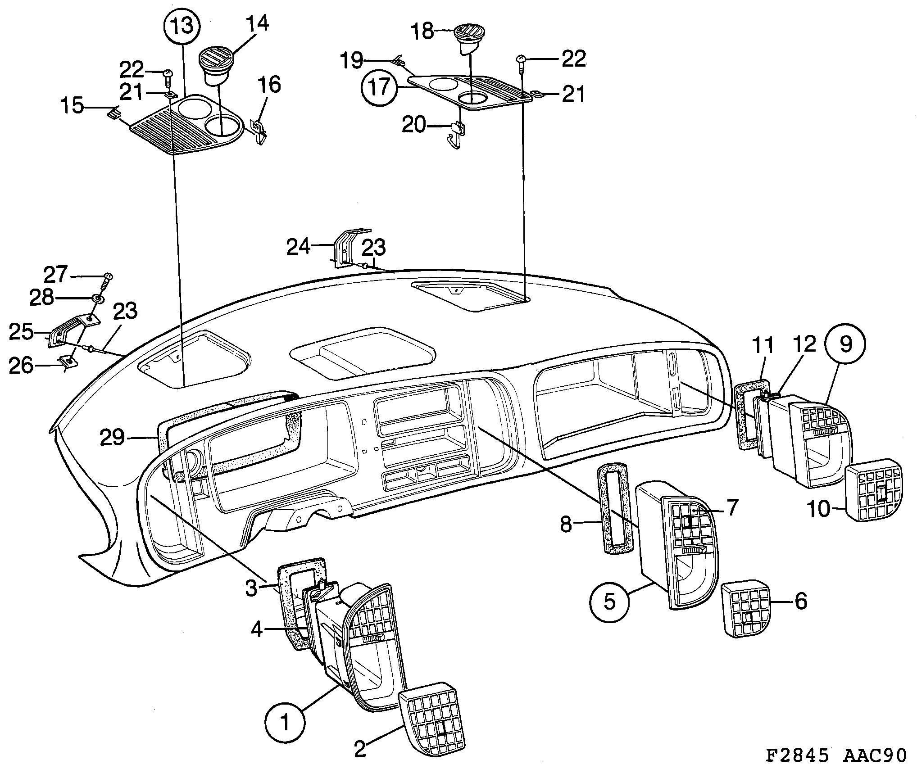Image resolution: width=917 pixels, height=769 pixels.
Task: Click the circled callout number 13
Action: [182, 26]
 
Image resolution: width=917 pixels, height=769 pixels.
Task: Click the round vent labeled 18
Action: [470, 38]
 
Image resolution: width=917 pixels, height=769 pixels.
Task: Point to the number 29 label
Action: [112, 437]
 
